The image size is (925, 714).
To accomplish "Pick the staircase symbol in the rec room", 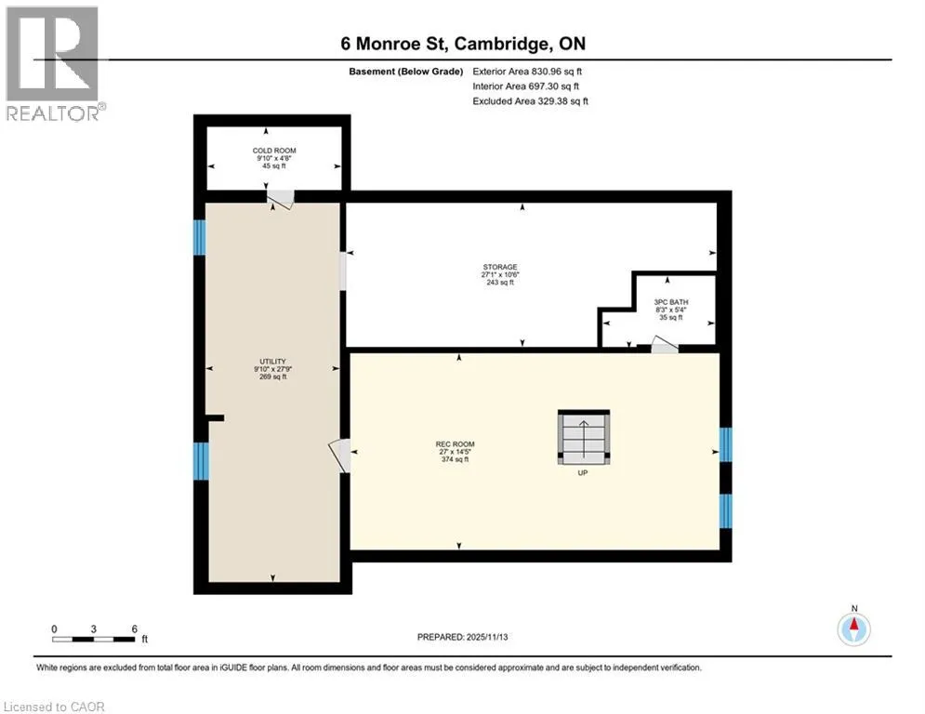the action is [584, 437].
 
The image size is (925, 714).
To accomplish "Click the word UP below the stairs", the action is [582, 472].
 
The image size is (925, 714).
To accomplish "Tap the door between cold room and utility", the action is [280, 200].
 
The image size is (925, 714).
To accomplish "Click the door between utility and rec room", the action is [340, 456].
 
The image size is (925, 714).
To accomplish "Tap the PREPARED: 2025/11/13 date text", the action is [463, 637].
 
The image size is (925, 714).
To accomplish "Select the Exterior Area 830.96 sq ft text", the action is [527, 72].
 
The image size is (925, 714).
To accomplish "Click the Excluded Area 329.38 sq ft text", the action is [530, 101].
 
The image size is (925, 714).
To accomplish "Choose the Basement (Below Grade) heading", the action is [406, 72].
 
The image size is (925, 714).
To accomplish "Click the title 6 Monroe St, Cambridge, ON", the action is [463, 44].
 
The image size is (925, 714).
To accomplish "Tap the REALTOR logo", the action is [54, 64].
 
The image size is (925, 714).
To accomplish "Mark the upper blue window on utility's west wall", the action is [200, 238].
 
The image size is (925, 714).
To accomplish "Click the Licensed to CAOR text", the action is [54, 707].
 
